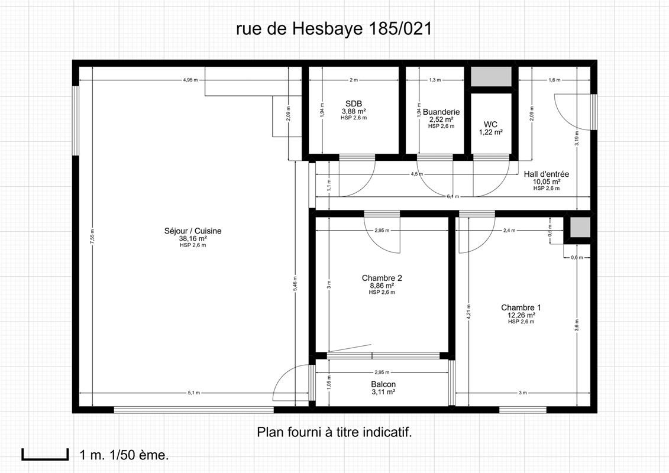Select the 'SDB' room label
pyautogui.click(x=354, y=103)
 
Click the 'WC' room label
pyautogui.click(x=490, y=124)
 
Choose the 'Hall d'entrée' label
pyautogui.click(x=547, y=174)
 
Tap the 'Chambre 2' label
pyautogui.click(x=382, y=278)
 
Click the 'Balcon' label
pyautogui.click(x=383, y=384)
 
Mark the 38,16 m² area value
pyautogui.click(x=193, y=239)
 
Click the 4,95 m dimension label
pyautogui.click(x=190, y=79)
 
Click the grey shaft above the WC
pyautogui.click(x=491, y=77)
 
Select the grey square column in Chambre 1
pyautogui.click(x=579, y=227)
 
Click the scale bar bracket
pyautogui.click(x=45, y=455)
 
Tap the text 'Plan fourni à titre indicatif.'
pyautogui.click(x=334, y=432)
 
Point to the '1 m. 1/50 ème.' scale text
pyautogui.click(x=124, y=455)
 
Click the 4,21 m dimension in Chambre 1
pyautogui.click(x=468, y=311)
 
